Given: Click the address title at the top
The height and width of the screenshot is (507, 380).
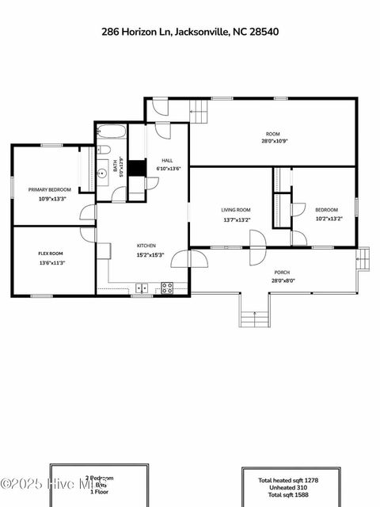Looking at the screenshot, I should pyautogui.click(x=190, y=32).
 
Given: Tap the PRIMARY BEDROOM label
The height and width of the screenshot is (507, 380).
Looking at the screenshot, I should pyautogui.click(x=50, y=190).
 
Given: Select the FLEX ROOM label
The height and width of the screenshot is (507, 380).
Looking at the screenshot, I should pyautogui.click(x=51, y=253).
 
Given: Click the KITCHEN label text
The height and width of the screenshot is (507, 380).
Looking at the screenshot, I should pyautogui.click(x=146, y=246).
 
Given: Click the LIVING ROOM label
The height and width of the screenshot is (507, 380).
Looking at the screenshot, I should pyautogui.click(x=236, y=210).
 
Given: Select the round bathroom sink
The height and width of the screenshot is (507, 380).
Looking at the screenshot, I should pyautogui.click(x=102, y=171).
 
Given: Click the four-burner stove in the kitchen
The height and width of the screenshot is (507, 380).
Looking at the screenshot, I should pyautogui.click(x=167, y=288).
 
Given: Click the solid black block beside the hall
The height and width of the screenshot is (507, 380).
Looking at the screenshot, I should pyautogui.click(x=137, y=168).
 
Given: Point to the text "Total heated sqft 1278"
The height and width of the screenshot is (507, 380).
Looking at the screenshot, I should pyautogui.click(x=288, y=480).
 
